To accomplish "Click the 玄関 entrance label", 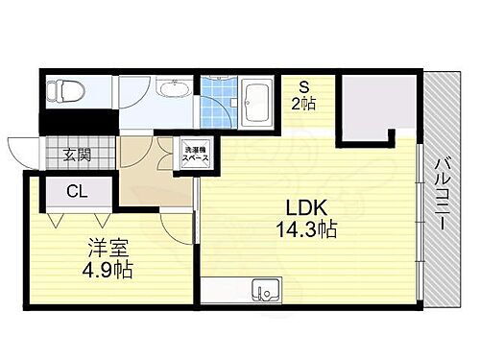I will point(77,154).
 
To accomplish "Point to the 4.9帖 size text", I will point(106,269).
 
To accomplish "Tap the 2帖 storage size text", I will point(303,103).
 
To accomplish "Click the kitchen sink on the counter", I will point(262,290).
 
